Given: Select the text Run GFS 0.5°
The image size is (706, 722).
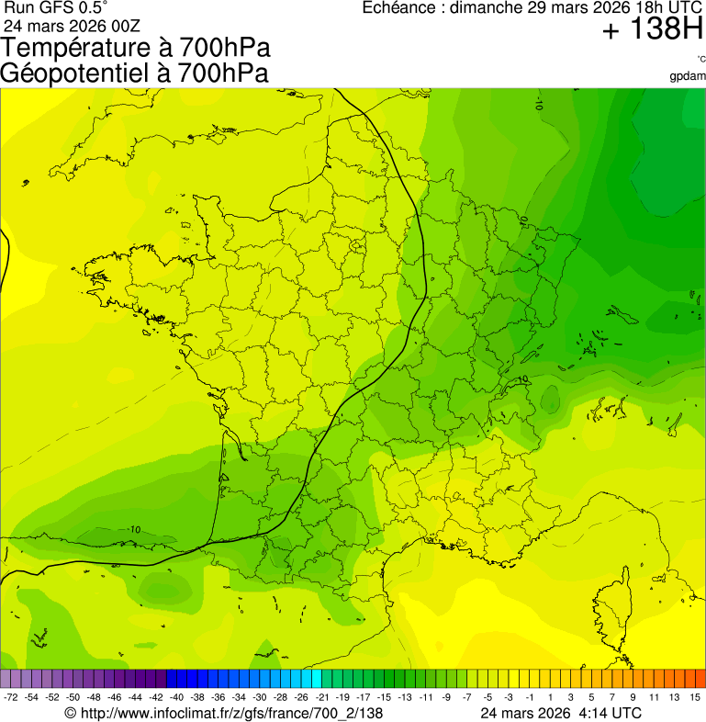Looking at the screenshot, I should coord(55,8).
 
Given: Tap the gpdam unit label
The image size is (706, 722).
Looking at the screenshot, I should coord(688,75).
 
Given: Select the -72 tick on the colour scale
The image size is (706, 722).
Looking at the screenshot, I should coord(12,698).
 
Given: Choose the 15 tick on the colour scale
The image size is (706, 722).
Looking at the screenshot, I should coord(696,698).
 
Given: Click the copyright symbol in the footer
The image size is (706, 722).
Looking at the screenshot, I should coord(72,713).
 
